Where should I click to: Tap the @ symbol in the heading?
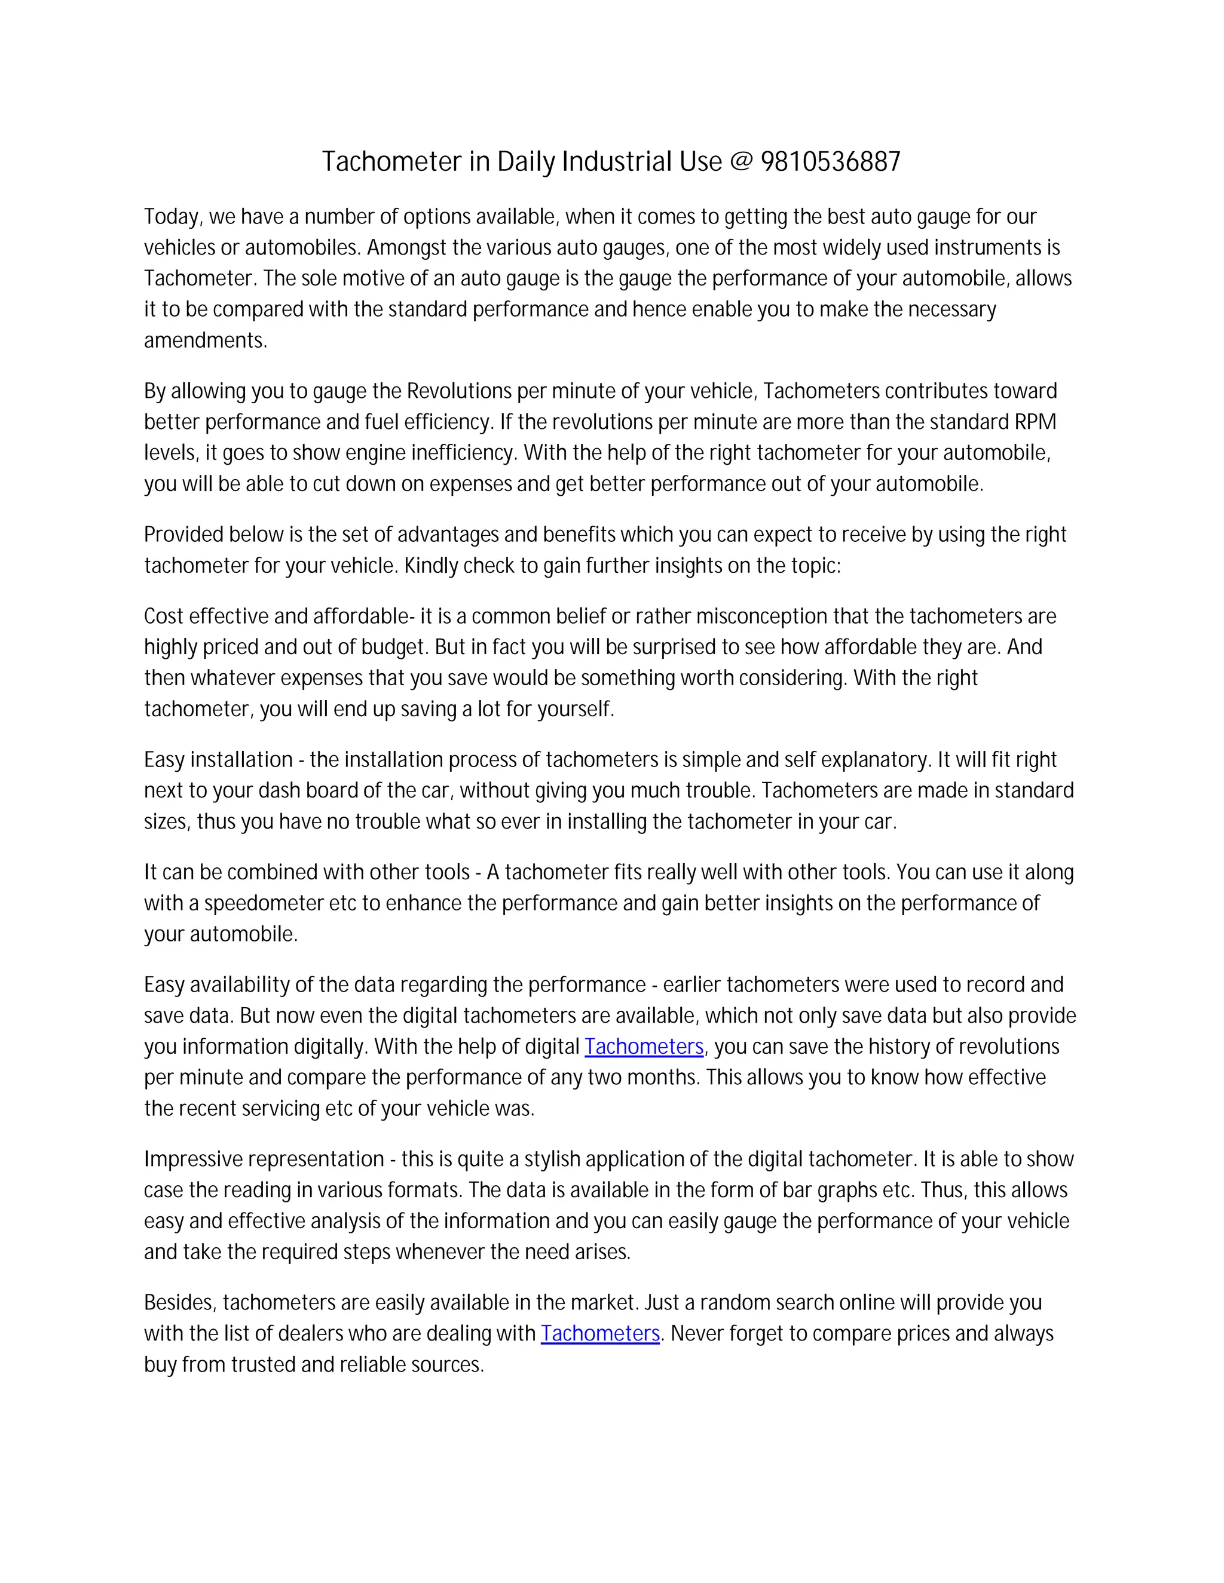pos(741,162)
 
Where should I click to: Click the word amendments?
pos(205,340)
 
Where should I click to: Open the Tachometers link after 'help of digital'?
pos(644,1047)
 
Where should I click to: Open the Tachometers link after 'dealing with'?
pos(599,1334)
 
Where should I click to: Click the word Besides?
pos(180,1302)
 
